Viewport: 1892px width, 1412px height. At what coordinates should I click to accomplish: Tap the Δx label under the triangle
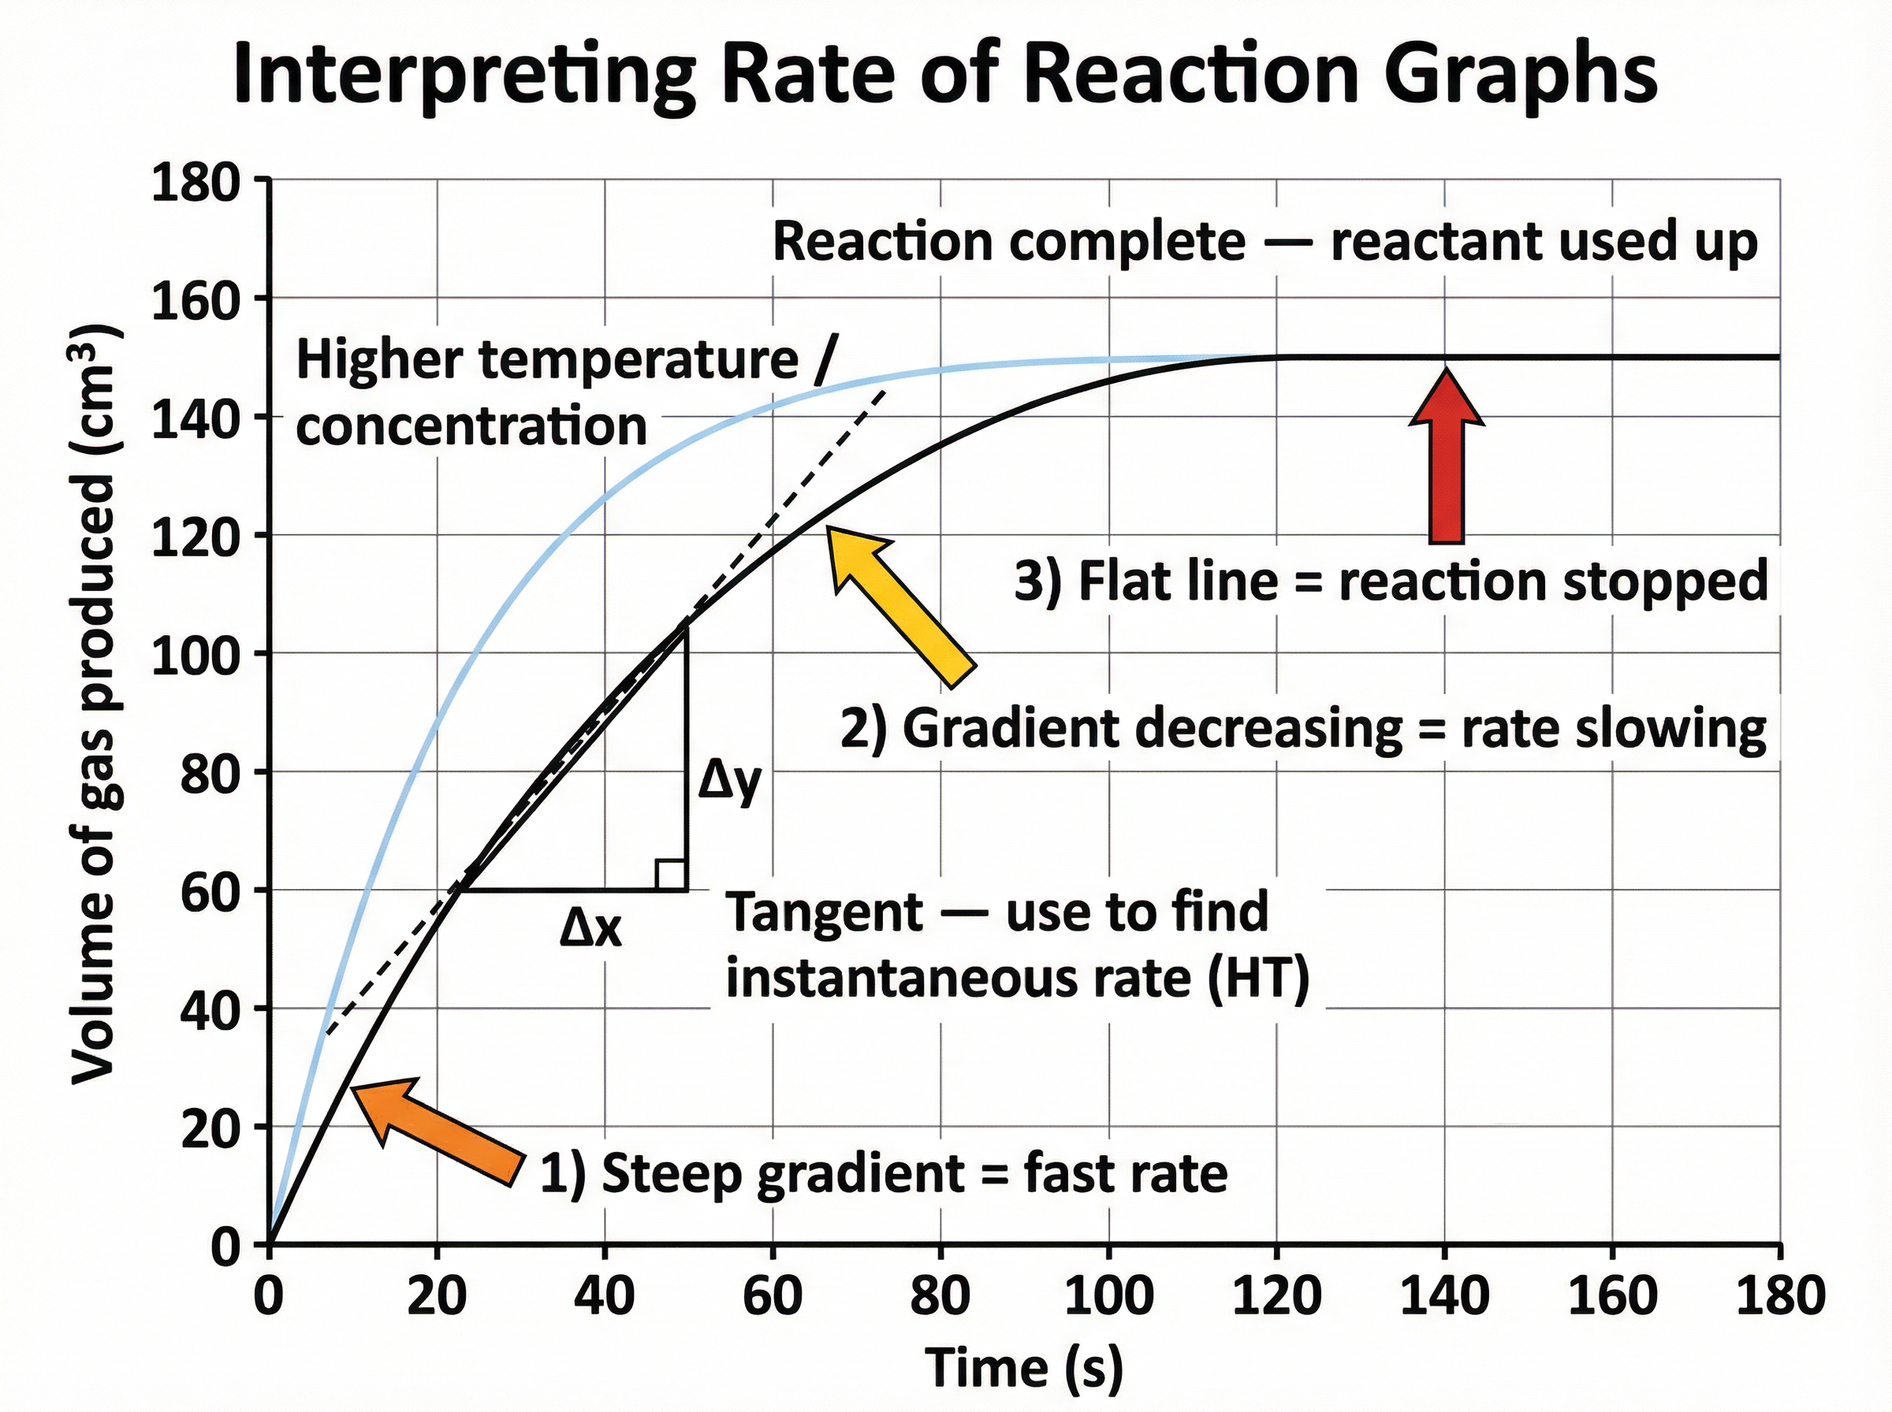tap(590, 929)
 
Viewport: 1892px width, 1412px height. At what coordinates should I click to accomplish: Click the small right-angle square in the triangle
tap(670, 875)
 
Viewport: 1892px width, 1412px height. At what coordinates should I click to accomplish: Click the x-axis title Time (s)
tap(1024, 1366)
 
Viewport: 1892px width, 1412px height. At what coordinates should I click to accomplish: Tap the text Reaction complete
tap(1009, 242)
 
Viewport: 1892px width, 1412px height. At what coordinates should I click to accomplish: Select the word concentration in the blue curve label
tap(471, 425)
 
